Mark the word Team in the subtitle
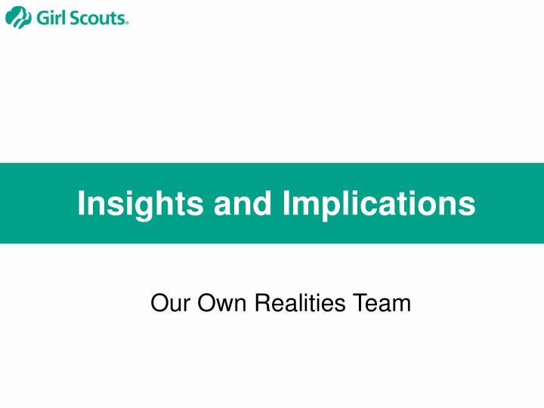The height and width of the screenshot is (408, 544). point(385,304)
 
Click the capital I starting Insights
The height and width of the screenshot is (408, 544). point(82,203)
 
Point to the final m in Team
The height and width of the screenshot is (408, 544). point(402,305)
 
